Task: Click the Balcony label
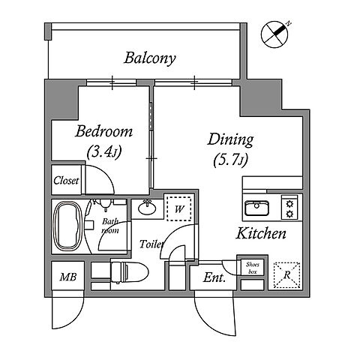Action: tap(150, 58)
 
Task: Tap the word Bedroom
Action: tap(103, 131)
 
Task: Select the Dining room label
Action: tap(230, 140)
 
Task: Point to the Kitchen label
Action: tap(261, 233)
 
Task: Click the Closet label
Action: tap(66, 181)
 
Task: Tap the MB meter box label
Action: tap(68, 277)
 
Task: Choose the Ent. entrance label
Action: tap(214, 277)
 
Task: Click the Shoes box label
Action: tap(253, 268)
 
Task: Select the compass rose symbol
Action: tap(275, 34)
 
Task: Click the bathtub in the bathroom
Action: tap(67, 226)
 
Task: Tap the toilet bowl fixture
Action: tap(130, 272)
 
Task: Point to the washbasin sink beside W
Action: tap(147, 207)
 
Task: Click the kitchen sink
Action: tap(256, 208)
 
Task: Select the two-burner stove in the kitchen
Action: tap(289, 208)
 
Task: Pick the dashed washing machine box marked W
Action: tap(179, 208)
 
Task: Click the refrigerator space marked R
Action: tap(286, 275)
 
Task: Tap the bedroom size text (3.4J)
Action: tap(104, 151)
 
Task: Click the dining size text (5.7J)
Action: tap(230, 160)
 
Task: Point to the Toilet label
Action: tap(151, 244)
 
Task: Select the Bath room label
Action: tap(110, 226)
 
